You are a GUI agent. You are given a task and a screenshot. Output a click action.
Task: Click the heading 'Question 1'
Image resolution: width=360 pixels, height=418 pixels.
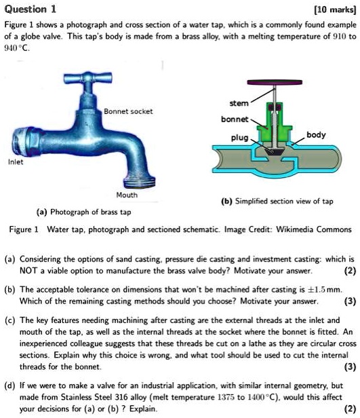point(31,9)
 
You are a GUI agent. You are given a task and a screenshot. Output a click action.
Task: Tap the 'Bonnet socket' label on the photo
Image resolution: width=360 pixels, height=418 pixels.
point(128,111)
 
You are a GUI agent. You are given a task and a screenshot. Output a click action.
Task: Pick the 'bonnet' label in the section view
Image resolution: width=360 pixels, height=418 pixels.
point(234,119)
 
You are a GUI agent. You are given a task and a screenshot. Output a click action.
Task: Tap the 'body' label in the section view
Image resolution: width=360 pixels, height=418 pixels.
point(315,135)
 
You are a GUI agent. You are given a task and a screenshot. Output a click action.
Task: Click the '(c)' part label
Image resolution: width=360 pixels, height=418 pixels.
point(10,318)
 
